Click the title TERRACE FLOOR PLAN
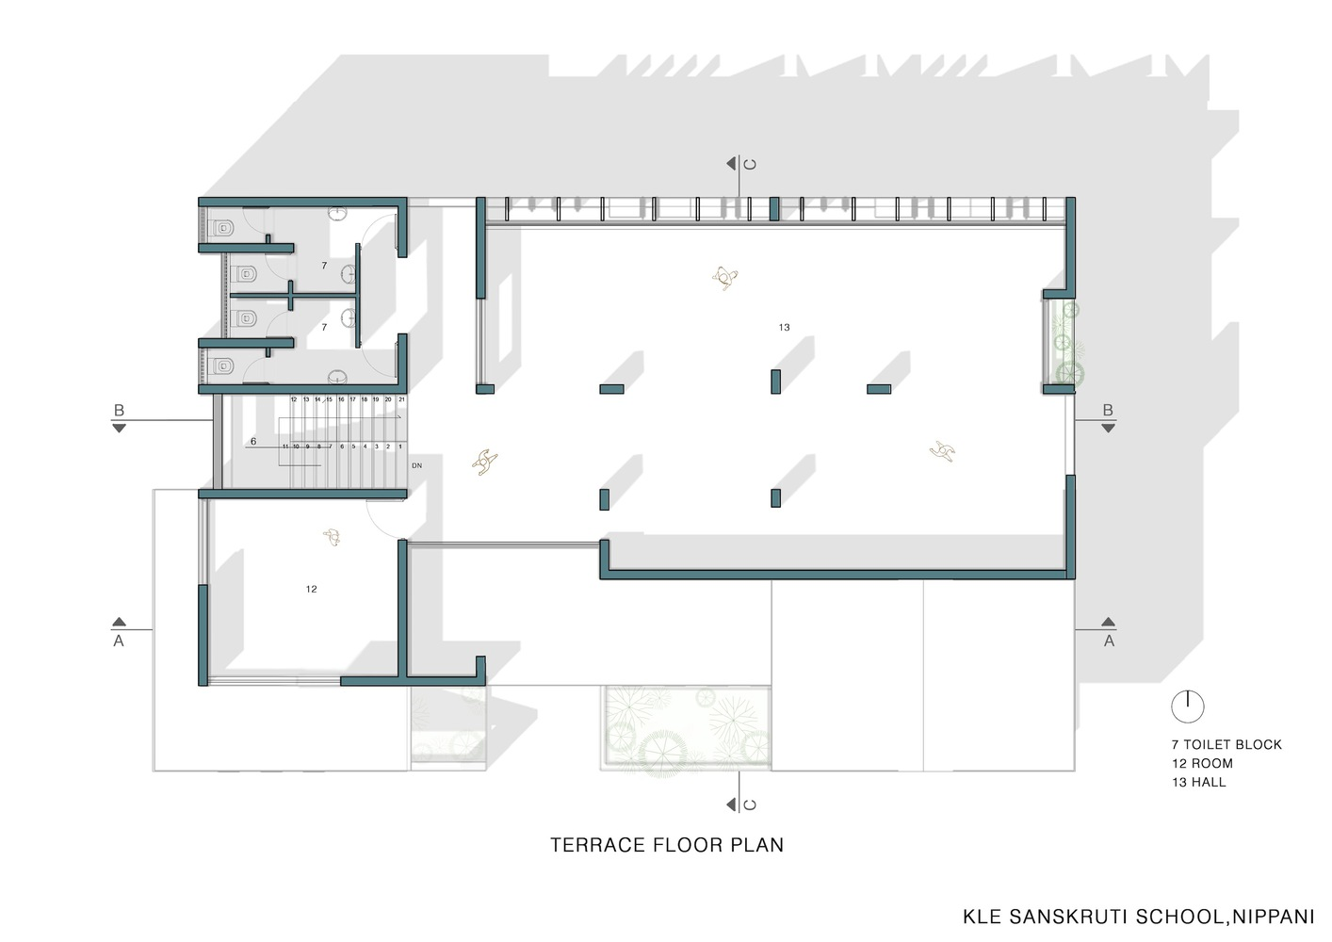tap(667, 845)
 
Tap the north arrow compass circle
tap(1188, 706)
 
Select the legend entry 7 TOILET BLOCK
tap(1226, 744)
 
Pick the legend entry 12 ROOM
tap(1202, 763)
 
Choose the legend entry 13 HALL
tap(1199, 782)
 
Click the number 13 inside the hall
tap(784, 328)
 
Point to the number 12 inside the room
tap(311, 590)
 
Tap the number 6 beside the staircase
tap(253, 441)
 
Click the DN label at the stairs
tap(416, 465)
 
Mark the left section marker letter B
tap(119, 411)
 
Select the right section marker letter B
tap(1108, 411)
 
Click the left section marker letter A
tap(119, 641)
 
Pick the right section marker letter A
tap(1109, 641)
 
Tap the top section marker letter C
tap(750, 164)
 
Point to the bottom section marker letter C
tap(750, 804)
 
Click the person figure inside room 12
tap(331, 537)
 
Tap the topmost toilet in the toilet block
tap(224, 228)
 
